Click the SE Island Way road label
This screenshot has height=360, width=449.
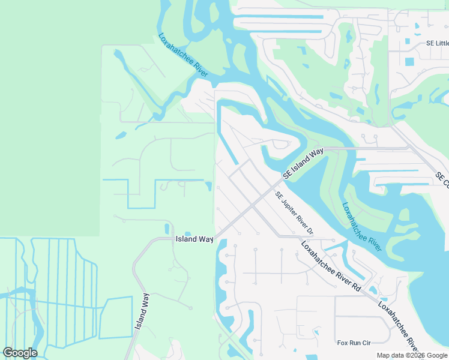[x=303, y=163]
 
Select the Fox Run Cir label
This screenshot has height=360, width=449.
[x=354, y=343]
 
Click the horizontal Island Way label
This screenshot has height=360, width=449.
[x=194, y=239]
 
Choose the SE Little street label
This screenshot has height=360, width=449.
[x=437, y=43]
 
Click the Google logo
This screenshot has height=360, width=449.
[x=20, y=353]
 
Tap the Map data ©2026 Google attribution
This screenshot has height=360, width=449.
[x=412, y=355]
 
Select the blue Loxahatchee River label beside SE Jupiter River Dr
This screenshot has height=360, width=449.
[x=361, y=226]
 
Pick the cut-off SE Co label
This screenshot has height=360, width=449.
[x=443, y=179]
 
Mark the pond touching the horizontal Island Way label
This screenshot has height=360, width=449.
[x=187, y=234]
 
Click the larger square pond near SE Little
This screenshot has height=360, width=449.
[x=409, y=61]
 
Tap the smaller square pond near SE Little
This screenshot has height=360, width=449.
[x=408, y=42]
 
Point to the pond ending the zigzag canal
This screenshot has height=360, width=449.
[x=208, y=186]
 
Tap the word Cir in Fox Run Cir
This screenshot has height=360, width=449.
[x=366, y=343]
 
